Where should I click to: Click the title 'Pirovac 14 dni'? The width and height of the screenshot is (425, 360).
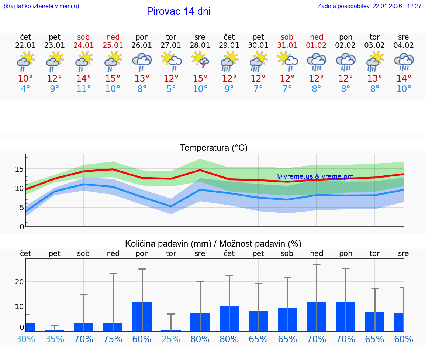point(179,11)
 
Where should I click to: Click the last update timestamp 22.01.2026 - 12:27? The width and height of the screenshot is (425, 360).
point(369,6)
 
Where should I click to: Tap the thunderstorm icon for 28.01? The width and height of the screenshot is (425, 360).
point(200,60)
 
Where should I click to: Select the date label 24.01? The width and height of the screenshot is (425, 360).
point(84,45)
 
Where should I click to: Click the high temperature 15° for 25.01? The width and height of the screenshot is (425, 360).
point(113,79)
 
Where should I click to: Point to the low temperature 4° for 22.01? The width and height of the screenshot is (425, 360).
point(25,89)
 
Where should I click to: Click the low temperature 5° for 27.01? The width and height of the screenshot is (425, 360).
point(171,89)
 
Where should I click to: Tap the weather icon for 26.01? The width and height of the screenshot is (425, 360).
point(142,61)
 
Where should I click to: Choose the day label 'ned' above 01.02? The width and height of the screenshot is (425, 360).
point(317,37)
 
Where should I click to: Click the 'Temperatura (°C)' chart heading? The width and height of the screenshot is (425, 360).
point(214,148)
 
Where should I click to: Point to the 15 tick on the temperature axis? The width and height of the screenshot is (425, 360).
point(19,169)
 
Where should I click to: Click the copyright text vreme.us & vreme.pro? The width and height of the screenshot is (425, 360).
point(315,176)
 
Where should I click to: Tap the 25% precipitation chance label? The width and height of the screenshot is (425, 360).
point(171,339)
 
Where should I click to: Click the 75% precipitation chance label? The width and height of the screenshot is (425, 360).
point(113,339)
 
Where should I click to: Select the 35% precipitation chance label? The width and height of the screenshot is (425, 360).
point(55,339)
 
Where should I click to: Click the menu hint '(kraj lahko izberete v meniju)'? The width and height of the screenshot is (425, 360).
point(41,6)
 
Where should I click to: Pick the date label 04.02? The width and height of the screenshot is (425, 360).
point(404,45)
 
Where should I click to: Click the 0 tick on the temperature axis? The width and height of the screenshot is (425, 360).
point(22,227)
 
